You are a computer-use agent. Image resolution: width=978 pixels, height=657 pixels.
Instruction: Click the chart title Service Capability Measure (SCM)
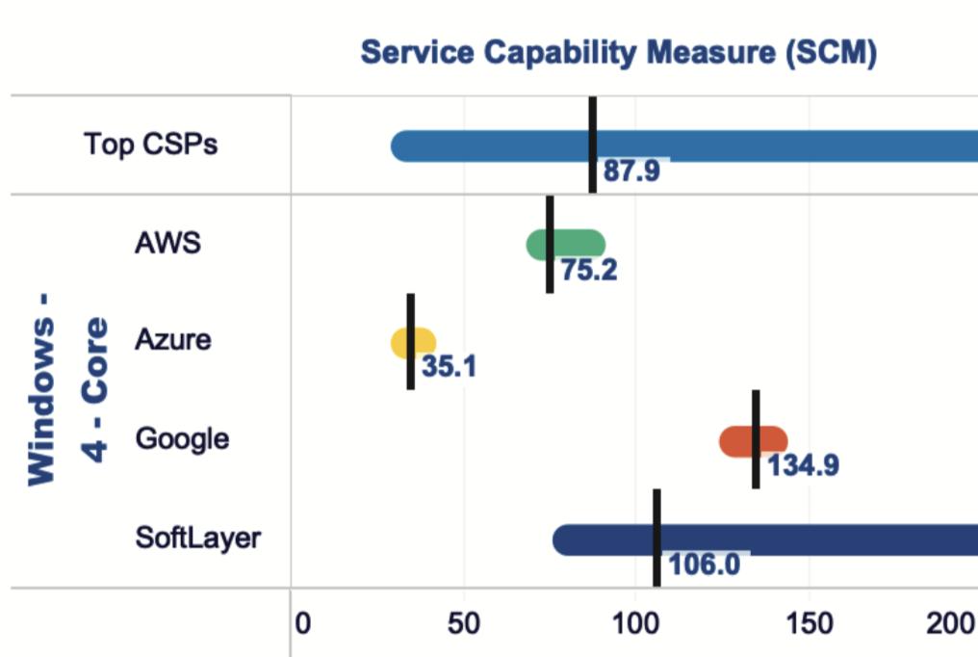coord(618,53)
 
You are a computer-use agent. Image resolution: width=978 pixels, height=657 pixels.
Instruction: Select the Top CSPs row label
coord(150,145)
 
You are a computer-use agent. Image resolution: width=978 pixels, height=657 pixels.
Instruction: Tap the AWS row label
coord(167,242)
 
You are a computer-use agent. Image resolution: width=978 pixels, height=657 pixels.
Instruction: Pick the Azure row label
coord(172,340)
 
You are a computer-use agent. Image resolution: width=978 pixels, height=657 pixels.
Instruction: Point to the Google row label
coord(182,439)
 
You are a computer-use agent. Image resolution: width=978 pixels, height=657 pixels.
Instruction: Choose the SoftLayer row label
coord(197,537)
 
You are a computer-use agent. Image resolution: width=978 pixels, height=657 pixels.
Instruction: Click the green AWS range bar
coord(578,245)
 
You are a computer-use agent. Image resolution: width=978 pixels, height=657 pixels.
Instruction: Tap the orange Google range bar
coord(736,441)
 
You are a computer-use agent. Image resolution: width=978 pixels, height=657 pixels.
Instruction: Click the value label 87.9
coord(631,172)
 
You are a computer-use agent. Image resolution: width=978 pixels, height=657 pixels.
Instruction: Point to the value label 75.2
coord(589,271)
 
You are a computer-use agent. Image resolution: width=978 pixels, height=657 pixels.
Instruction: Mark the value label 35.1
coord(449,367)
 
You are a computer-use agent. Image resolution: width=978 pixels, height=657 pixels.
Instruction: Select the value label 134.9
coord(803,466)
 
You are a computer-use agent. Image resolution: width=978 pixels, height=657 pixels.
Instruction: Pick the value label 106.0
coord(704,564)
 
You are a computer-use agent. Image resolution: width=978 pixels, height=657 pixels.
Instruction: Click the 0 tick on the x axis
coord(302,624)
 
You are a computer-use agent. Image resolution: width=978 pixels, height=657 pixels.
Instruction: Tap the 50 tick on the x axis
coord(464,624)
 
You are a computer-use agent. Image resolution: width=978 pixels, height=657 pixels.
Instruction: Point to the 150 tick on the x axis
coord(809,624)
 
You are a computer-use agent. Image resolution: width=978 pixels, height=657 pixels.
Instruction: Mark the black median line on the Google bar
coord(756,439)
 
